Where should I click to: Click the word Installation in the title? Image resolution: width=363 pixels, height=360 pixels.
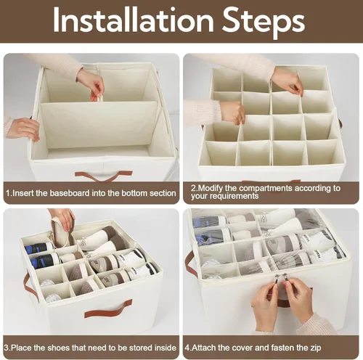pyautogui.click(x=133, y=20)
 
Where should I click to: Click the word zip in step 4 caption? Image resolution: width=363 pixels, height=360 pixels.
pyautogui.click(x=316, y=348)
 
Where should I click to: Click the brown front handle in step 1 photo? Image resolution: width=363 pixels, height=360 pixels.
pyautogui.click(x=104, y=175)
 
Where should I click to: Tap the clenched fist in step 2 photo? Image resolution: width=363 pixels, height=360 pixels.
pyautogui.click(x=232, y=112)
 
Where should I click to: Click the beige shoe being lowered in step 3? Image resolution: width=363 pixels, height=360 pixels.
pyautogui.click(x=60, y=233)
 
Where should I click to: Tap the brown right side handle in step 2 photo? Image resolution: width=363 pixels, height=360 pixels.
pyautogui.click(x=341, y=124)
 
